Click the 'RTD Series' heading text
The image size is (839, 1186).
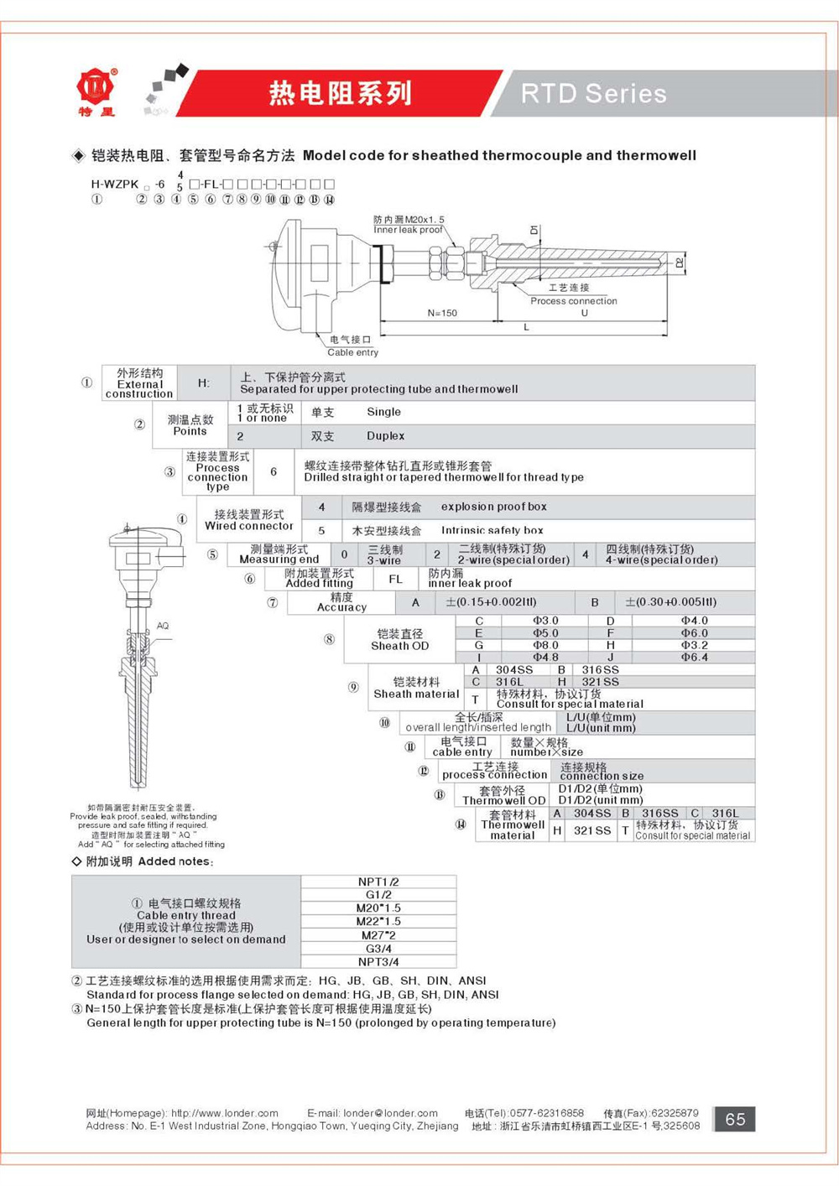(593, 93)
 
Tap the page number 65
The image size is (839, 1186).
(735, 1119)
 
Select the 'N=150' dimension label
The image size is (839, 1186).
(442, 313)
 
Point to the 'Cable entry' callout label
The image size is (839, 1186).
(352, 352)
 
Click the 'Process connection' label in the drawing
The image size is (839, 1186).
(573, 300)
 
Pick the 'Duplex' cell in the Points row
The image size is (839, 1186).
(385, 436)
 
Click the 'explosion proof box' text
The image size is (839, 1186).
(493, 507)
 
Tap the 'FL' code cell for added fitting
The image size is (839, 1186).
(396, 579)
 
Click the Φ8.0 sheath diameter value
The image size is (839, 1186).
(545, 645)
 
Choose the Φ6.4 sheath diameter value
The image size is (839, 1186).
(694, 657)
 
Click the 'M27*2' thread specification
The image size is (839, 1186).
(378, 934)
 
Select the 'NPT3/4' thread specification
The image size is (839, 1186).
(378, 961)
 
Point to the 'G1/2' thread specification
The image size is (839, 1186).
(378, 895)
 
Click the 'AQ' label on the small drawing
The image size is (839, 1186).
(163, 626)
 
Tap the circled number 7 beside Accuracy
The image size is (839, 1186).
(273, 602)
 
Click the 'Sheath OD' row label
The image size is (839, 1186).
(399, 646)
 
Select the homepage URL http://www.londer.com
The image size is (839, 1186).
(224, 1113)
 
